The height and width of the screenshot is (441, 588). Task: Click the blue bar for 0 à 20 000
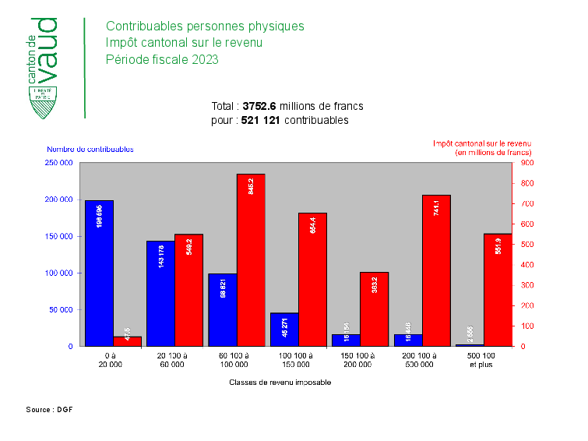pyautogui.click(x=99, y=273)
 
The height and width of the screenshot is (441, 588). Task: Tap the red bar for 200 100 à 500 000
pyautogui.click(x=436, y=270)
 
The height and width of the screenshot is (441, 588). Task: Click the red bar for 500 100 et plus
pyautogui.click(x=498, y=289)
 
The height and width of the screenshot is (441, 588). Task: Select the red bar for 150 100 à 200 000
pyautogui.click(x=374, y=309)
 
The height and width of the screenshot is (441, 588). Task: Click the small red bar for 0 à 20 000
pyautogui.click(x=127, y=341)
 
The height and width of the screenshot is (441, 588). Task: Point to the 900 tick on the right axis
pyautogui.click(x=527, y=163)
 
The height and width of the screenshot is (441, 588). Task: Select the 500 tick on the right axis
pyautogui.click(x=527, y=245)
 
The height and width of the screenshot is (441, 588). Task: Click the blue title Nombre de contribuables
pyautogui.click(x=90, y=149)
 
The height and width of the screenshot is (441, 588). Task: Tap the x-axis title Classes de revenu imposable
pyautogui.click(x=280, y=383)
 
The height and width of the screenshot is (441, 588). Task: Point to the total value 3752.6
pyautogui.click(x=259, y=106)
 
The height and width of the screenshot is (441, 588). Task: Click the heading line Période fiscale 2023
pyautogui.click(x=162, y=59)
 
